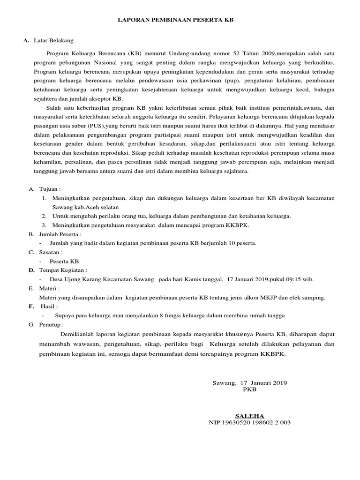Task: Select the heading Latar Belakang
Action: pos(53,41)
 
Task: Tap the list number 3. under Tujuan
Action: pos(43,225)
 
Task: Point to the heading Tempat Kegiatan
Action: pos(63,270)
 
